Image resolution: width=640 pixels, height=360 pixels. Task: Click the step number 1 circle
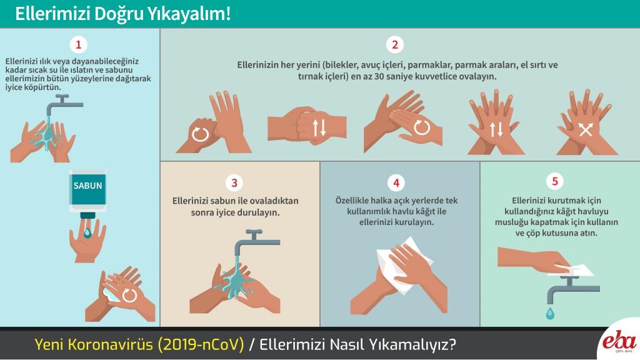coord(78,44)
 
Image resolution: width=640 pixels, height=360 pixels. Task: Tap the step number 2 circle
coord(395,44)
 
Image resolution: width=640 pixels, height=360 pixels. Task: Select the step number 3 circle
coord(234,182)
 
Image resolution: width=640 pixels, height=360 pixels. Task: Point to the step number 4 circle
coord(396,182)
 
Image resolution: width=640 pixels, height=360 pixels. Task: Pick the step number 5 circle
coord(555,181)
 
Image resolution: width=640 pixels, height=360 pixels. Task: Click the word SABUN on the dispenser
coord(87,186)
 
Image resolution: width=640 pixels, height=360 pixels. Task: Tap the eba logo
coord(619,341)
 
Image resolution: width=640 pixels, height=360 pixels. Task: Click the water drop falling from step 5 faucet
coord(550,313)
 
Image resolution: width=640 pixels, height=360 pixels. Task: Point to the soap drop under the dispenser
coord(87,232)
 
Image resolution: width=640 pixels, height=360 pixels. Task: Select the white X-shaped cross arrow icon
coord(585,129)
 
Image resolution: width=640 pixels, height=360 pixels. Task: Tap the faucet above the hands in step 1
coord(62,104)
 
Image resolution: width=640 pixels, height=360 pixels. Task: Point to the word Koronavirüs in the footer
coord(109,344)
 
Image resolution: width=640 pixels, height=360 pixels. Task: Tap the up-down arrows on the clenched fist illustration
coord(319,127)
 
